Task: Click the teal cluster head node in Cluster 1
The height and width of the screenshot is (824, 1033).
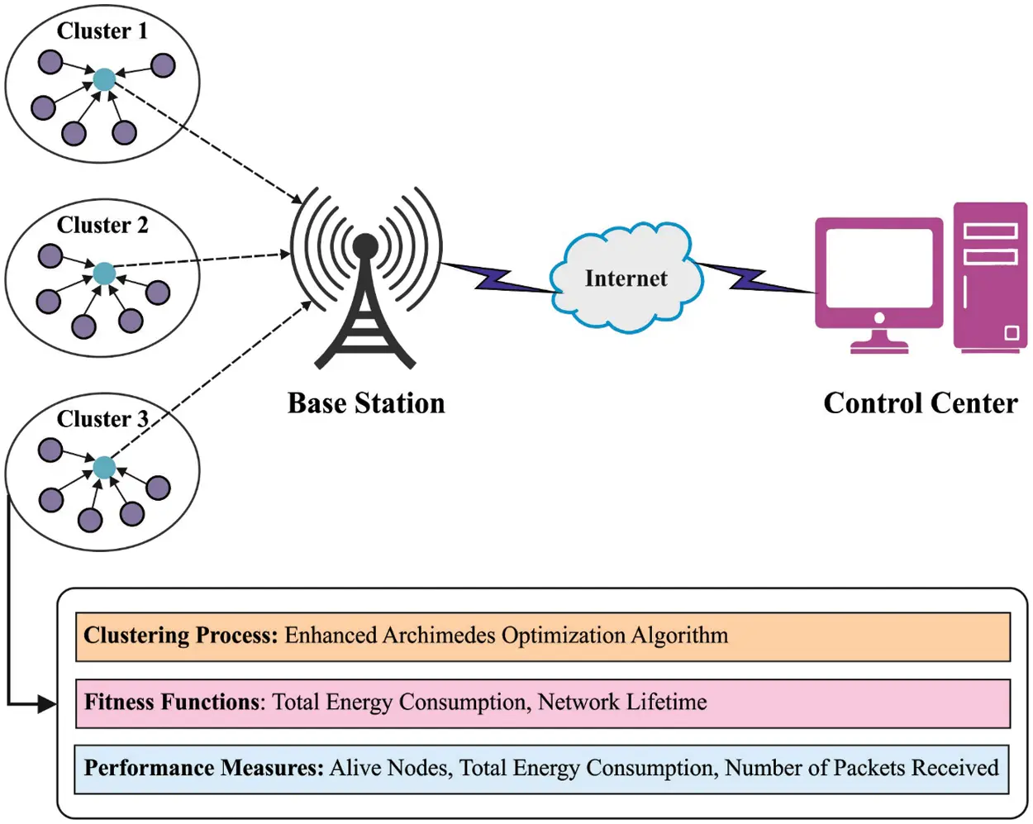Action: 104,79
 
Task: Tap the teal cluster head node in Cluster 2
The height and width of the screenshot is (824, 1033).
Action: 104,274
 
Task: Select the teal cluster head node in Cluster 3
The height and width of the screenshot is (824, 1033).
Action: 104,468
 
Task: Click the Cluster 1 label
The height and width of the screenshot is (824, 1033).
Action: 102,31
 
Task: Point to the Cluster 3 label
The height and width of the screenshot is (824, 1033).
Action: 102,419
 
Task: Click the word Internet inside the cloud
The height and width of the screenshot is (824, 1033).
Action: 626,279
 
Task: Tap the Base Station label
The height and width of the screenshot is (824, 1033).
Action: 366,403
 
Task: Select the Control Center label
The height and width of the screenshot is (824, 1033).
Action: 920,403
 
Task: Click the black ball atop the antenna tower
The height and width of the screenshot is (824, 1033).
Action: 365,245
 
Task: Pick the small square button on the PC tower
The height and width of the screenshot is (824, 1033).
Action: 1012,333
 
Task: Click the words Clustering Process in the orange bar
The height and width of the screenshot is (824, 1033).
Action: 180,636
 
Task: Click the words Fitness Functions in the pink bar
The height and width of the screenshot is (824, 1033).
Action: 172,703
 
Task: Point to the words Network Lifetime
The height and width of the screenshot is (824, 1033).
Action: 622,703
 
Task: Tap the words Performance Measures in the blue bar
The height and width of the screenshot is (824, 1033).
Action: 203,769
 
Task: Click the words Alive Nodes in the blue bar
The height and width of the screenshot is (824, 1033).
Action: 389,769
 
